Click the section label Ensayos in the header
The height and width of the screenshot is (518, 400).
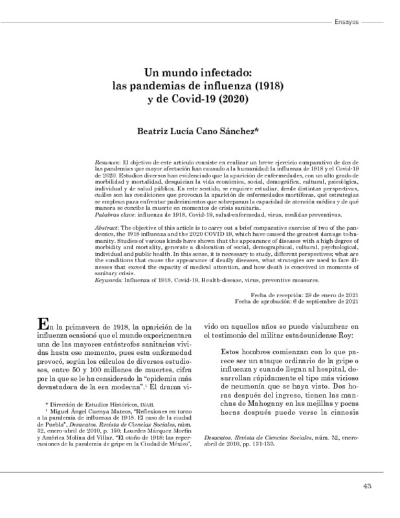pos(348,22)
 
